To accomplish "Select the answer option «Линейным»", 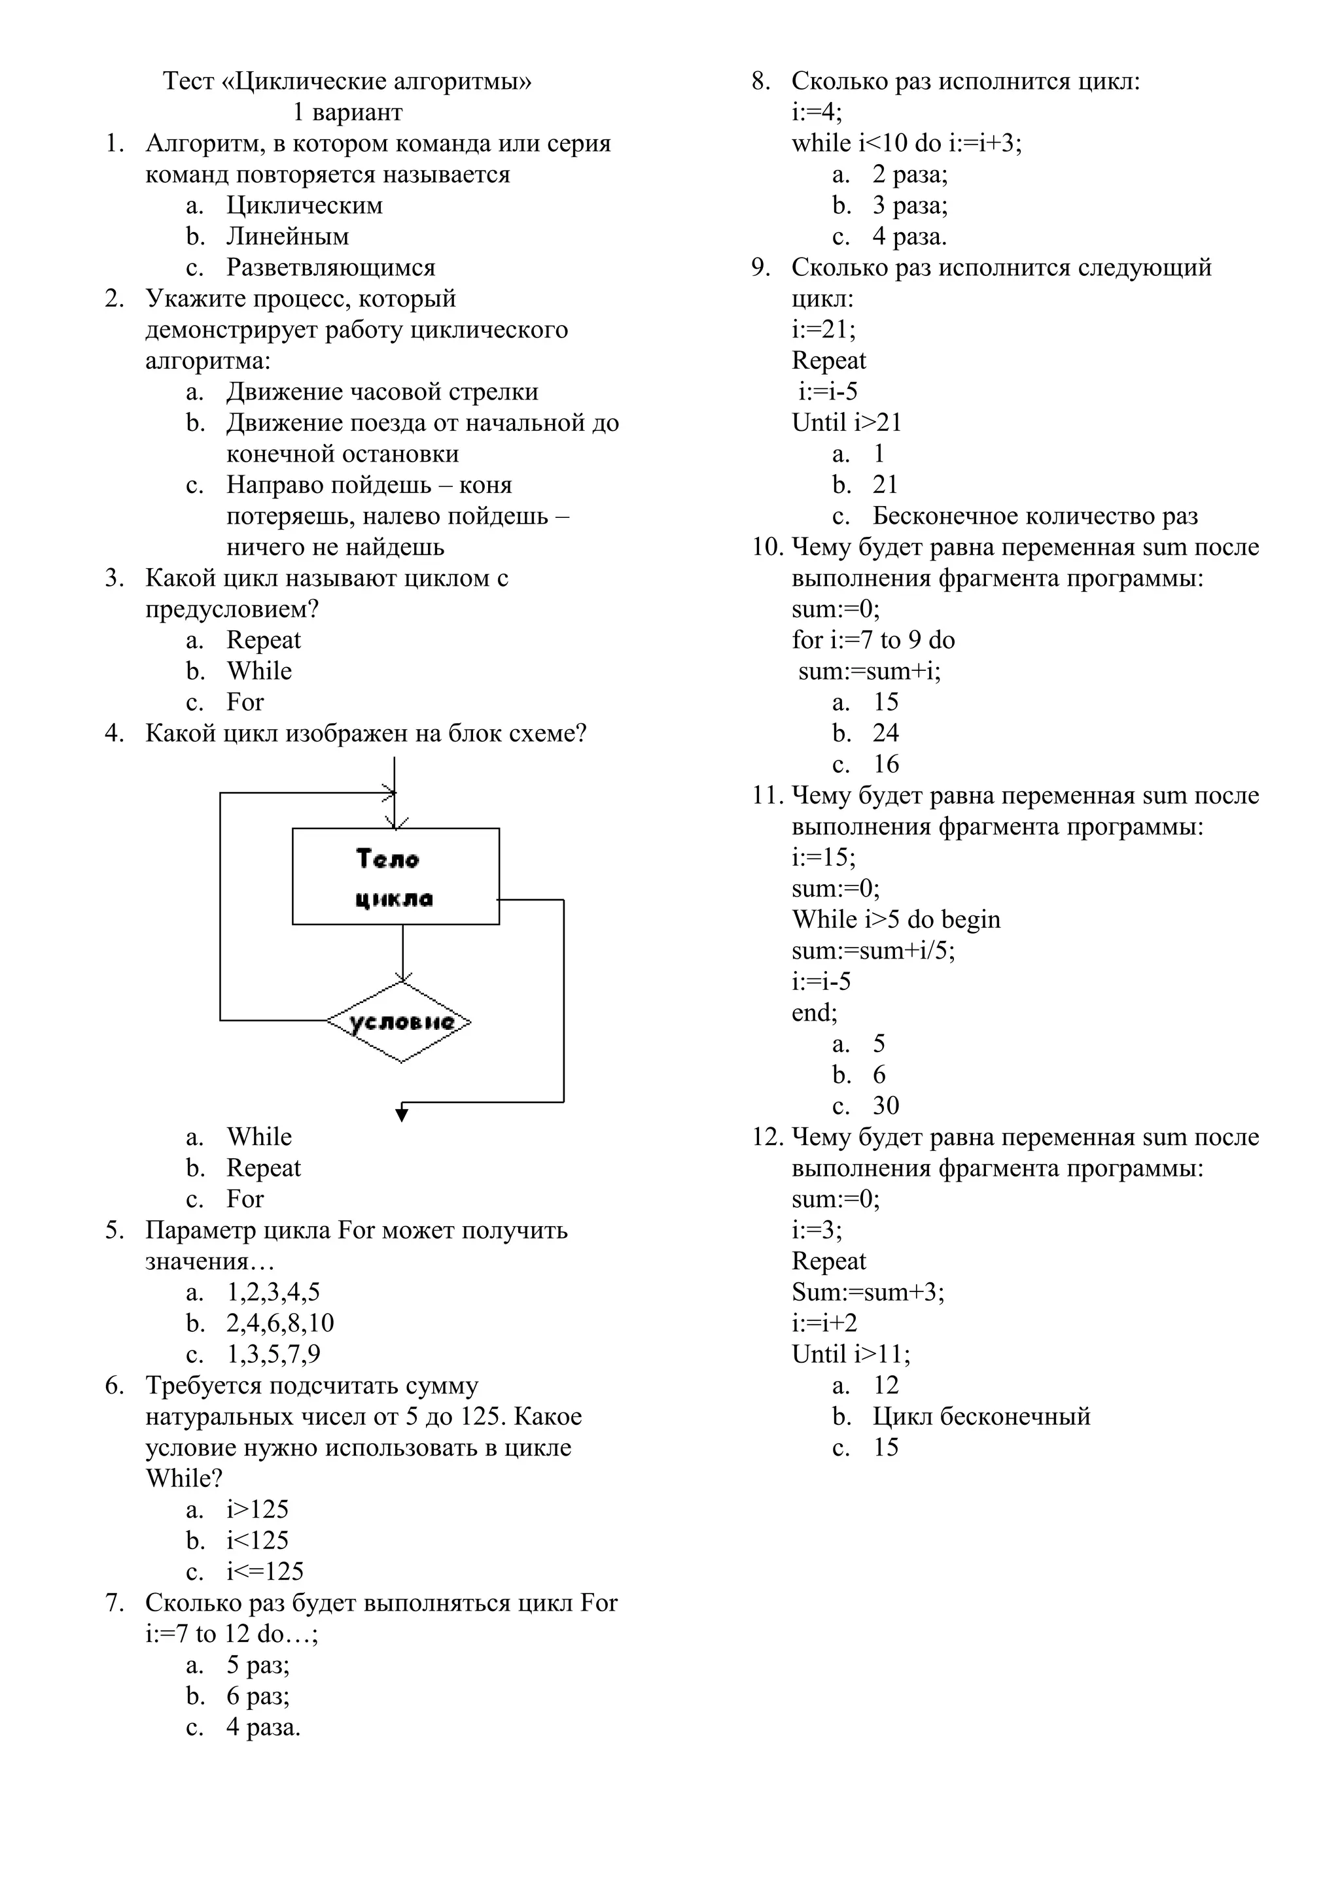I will tap(287, 237).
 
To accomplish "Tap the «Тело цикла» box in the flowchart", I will tap(395, 876).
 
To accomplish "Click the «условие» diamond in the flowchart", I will tap(400, 1022).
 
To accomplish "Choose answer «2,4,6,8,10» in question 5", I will tap(280, 1323).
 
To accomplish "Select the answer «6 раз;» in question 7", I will tap(258, 1696).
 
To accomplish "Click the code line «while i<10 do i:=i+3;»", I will tap(906, 144).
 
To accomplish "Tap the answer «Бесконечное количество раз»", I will tap(1034, 516).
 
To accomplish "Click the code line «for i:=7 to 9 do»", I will tap(873, 640).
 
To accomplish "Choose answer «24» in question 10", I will tap(885, 733).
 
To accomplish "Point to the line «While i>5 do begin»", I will tap(896, 919).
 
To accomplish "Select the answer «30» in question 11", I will tap(885, 1106).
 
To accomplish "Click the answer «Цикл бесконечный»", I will tap(981, 1416).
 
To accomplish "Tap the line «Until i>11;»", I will tap(851, 1354).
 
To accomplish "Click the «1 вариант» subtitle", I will tap(347, 112).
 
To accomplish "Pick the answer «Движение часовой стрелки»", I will tap(382, 392).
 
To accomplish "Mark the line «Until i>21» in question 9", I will tap(846, 422).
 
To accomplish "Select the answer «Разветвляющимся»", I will tap(330, 267).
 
